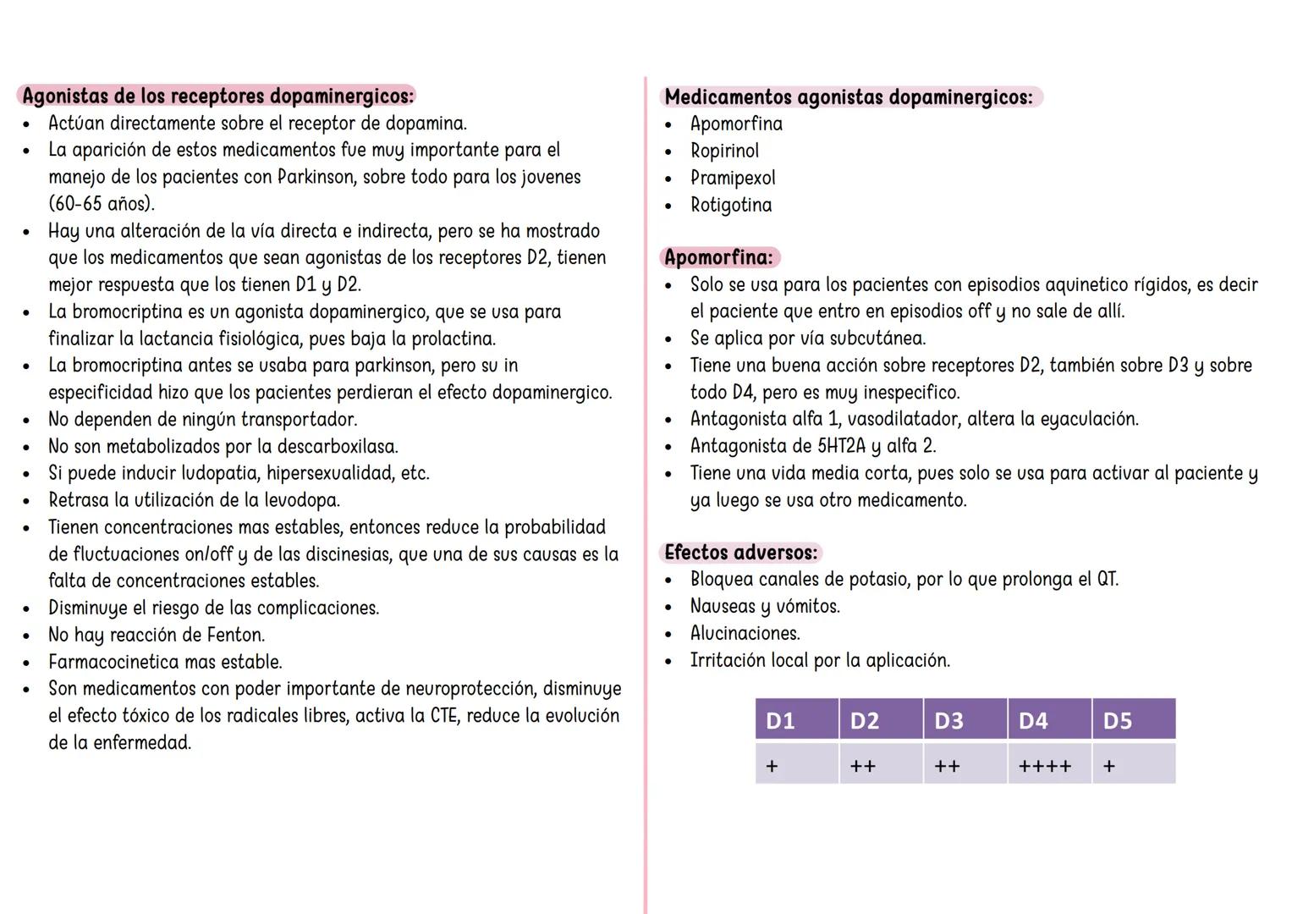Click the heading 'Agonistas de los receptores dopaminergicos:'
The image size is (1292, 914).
point(218,96)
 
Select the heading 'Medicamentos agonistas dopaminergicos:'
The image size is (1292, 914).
point(849,97)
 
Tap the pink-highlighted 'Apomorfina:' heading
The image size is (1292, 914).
point(718,257)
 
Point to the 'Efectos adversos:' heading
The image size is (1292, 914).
point(741,553)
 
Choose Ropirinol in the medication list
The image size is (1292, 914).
point(724,151)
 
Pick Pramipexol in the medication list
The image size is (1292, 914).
point(733,178)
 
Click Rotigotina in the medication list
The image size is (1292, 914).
point(731,205)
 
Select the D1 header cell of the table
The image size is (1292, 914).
point(796,720)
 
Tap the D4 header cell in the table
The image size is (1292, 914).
point(1049,720)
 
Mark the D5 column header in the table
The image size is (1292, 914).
point(1133,720)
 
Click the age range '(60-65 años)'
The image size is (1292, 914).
point(102,204)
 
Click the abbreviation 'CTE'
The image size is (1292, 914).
point(444,716)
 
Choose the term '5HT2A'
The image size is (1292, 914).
point(842,446)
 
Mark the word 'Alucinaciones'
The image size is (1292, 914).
point(744,633)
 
